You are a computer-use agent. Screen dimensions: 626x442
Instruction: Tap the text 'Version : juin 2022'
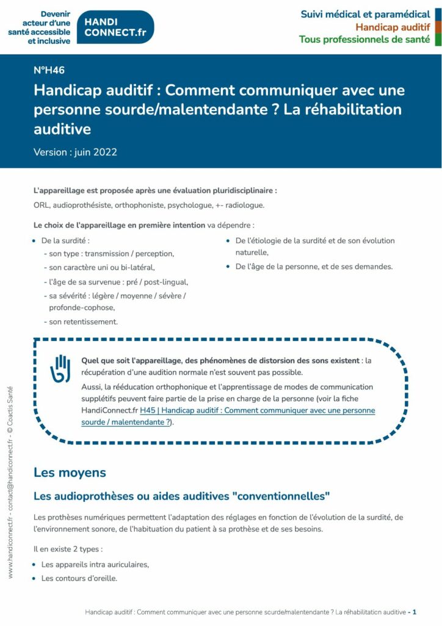(75, 152)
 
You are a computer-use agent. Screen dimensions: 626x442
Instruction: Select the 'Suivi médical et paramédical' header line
(365, 14)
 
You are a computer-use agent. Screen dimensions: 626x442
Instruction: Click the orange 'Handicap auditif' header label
(393, 27)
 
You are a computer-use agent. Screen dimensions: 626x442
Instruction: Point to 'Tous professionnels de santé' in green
(364, 40)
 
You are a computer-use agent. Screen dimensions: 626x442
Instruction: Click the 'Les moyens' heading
(70, 473)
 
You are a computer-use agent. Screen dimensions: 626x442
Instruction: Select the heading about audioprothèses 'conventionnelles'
(182, 496)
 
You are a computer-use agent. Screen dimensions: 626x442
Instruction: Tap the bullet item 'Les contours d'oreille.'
(79, 578)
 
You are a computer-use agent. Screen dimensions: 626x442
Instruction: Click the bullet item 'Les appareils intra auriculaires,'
(95, 564)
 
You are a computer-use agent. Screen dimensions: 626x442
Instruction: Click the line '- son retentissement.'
(81, 322)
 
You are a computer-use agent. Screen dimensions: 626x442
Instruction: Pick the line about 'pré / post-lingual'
(115, 282)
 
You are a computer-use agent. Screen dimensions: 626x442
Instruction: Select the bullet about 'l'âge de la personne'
(314, 267)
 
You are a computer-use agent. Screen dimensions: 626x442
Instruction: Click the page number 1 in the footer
(415, 612)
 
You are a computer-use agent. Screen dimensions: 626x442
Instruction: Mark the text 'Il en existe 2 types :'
(68, 549)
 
